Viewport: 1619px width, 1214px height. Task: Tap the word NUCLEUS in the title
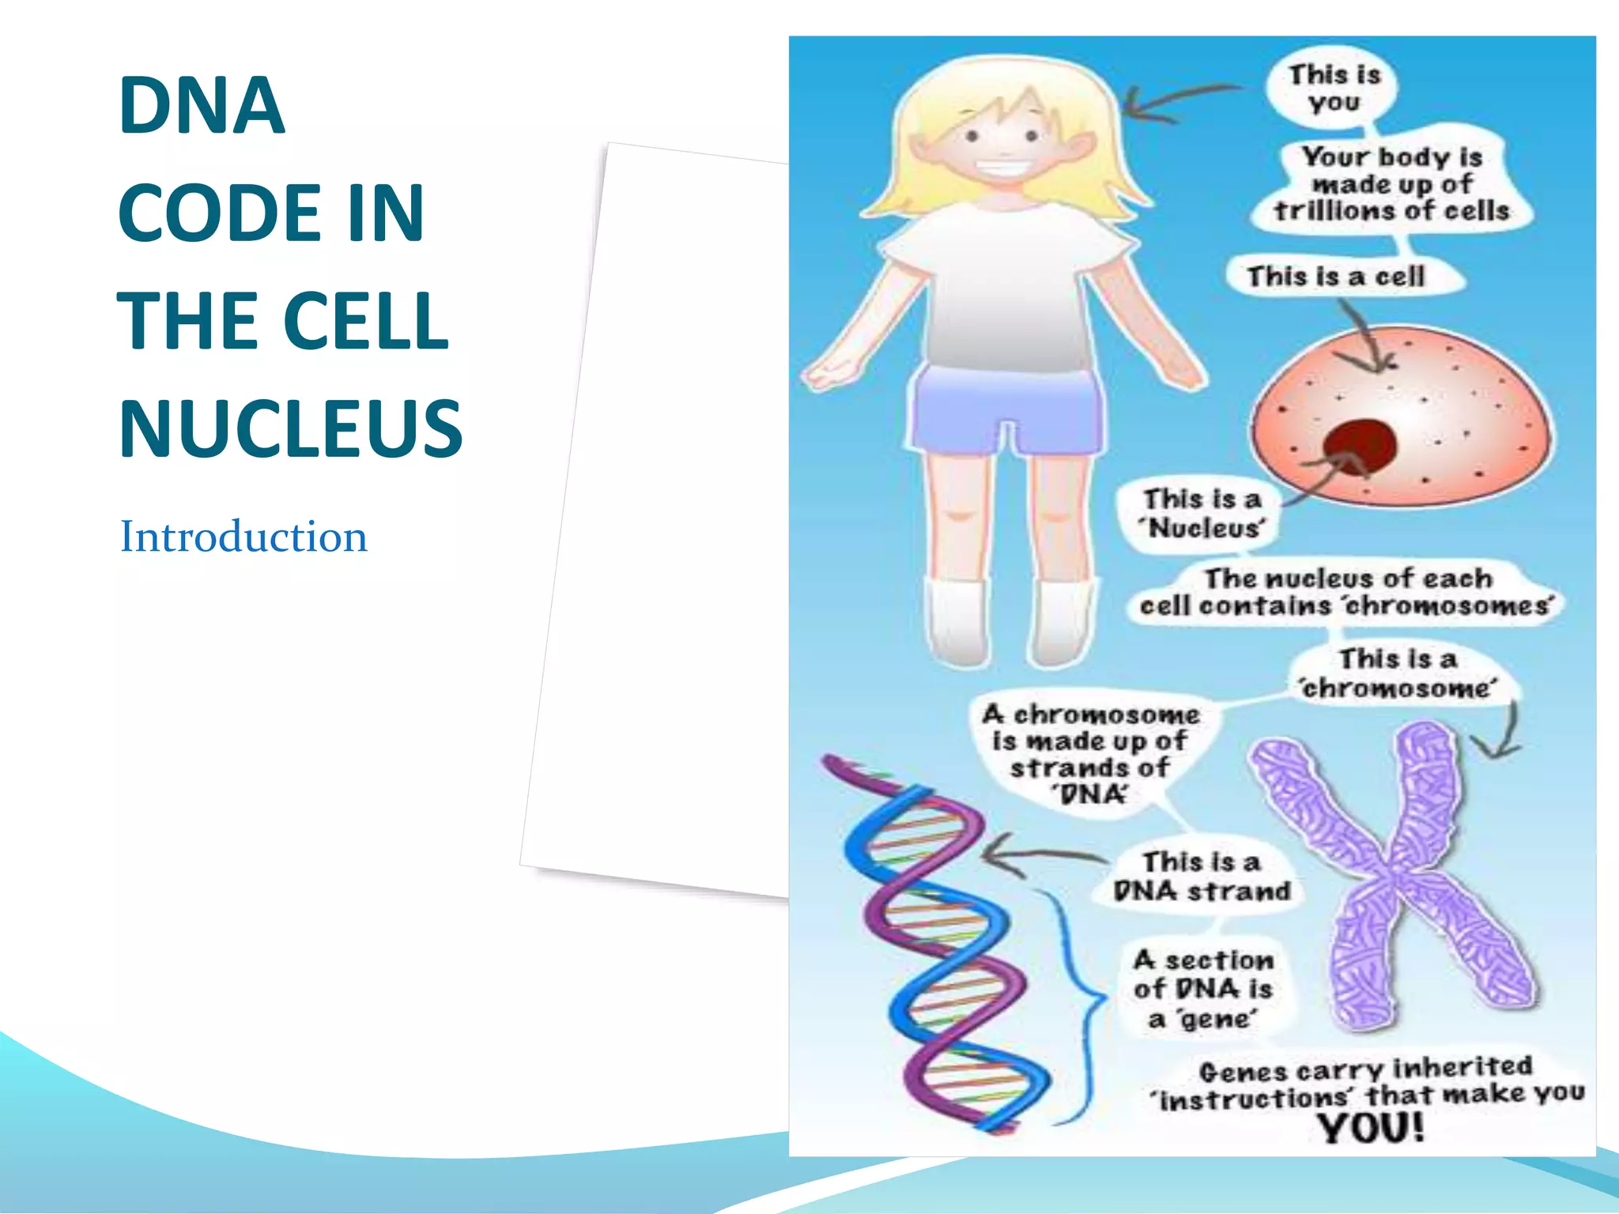[290, 428]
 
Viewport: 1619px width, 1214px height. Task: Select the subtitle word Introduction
[243, 537]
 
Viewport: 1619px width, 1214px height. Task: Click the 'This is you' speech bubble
[1334, 89]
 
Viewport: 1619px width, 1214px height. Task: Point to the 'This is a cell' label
[1336, 277]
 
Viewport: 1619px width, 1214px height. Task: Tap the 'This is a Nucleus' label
[1202, 514]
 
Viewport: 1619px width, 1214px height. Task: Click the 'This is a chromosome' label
[1398, 673]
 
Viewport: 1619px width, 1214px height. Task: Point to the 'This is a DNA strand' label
[1202, 877]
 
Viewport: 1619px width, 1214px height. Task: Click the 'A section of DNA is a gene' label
[1203, 990]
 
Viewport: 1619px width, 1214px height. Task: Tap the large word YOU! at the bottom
[1371, 1127]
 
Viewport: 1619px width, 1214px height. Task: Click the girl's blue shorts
[1008, 411]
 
